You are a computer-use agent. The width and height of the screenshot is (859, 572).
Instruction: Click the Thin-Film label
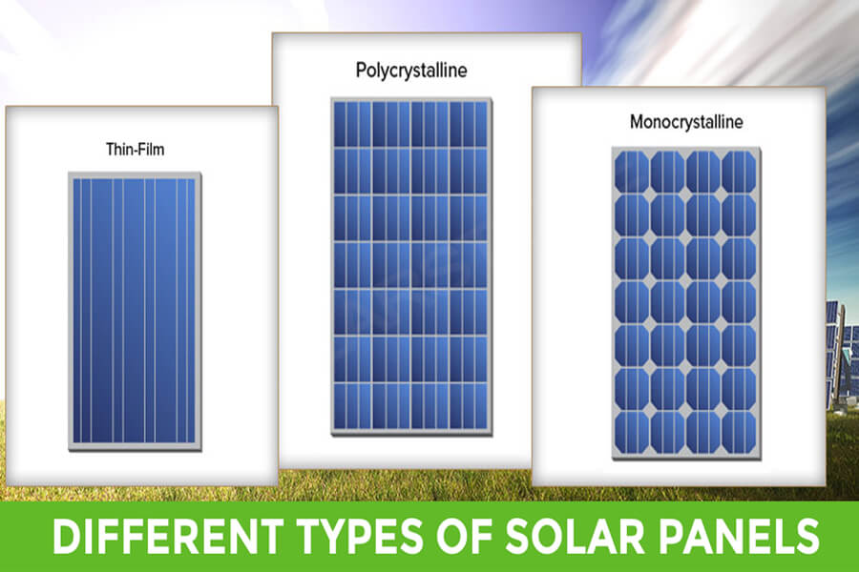tap(135, 150)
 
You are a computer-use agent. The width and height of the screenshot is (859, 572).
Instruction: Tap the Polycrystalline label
tap(411, 71)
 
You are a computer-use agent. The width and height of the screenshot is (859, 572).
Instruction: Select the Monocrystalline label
tap(686, 121)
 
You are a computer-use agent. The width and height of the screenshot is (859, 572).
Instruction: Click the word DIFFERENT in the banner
tap(168, 536)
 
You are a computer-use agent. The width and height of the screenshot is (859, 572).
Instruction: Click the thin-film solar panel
tap(135, 312)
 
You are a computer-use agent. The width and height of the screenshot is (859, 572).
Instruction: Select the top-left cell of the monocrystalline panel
tap(632, 172)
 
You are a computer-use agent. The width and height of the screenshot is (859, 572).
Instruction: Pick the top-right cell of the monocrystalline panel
tap(739, 172)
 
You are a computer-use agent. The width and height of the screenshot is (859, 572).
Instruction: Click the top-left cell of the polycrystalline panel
tap(353, 124)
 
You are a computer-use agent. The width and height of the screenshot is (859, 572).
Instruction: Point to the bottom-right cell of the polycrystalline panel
tap(469, 406)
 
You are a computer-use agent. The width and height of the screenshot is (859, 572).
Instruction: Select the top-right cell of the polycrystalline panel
tap(469, 124)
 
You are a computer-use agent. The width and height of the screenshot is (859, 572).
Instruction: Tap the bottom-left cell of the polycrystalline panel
tap(353, 406)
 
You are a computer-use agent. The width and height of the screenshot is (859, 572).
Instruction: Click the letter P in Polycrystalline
tap(361, 70)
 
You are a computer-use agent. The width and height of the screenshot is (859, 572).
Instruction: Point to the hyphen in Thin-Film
tap(136, 151)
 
